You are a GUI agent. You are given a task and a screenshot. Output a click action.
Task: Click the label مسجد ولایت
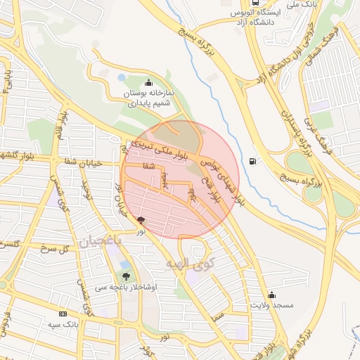pos(274,307)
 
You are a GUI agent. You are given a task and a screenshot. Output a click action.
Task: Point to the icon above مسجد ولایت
pos(271,295)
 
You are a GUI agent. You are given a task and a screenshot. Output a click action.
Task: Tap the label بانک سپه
pos(63,324)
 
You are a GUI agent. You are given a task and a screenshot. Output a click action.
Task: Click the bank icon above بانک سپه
pos(63,314)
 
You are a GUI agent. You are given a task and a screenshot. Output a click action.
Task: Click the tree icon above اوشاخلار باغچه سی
pos(127,276)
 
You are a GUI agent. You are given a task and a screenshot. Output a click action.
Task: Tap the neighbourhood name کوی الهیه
pos(184,265)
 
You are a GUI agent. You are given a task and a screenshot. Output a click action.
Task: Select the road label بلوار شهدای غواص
pos(224,182)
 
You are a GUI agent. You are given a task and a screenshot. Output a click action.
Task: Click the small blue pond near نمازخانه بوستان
pos(121,77)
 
